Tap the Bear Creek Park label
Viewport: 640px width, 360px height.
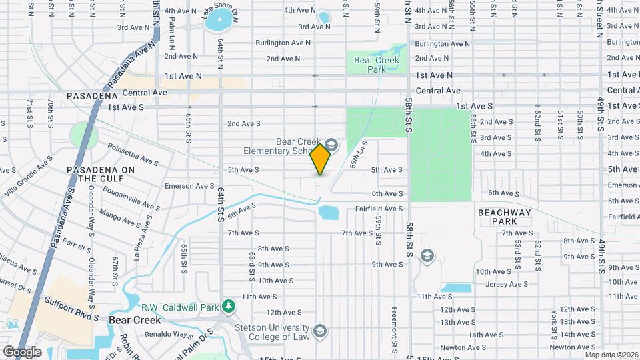tap(377, 65)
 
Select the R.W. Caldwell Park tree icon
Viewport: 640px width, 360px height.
tap(229, 307)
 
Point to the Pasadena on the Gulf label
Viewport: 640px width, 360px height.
tap(101, 174)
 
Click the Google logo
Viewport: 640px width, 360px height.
tap(21, 351)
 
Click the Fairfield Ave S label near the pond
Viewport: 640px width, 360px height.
tap(379, 209)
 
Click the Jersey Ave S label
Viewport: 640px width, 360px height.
tap(506, 283)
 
